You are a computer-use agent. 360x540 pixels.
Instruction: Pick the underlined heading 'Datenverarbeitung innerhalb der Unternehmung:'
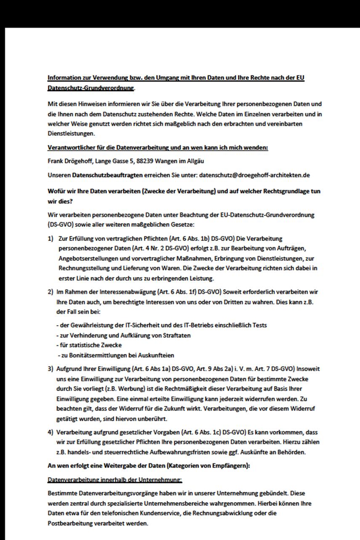(x=115, y=479)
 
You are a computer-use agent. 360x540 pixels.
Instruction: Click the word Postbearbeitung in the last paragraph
(x=69, y=523)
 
